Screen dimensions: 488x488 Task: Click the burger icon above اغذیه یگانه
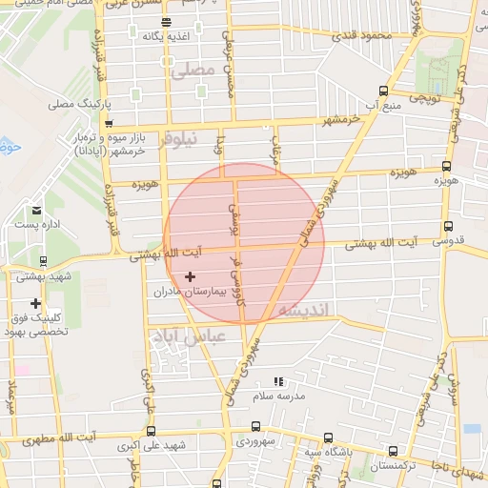point(167,22)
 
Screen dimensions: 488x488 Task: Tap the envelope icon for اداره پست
point(37,211)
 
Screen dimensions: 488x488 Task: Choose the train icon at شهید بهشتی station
point(43,260)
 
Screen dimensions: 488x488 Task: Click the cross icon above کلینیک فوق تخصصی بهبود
point(36,303)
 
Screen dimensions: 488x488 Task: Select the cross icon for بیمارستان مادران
point(190,276)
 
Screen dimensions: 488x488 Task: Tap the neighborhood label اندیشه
point(304,312)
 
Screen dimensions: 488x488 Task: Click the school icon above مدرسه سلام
point(278,381)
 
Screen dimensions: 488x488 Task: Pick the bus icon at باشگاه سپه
point(328,438)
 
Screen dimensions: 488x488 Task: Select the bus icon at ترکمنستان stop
point(393,452)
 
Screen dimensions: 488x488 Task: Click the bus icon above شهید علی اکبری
point(151,431)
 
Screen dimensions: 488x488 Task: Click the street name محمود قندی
point(361,36)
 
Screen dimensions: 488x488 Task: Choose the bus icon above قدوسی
point(447,227)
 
